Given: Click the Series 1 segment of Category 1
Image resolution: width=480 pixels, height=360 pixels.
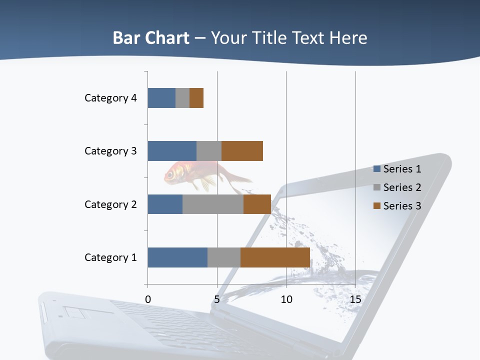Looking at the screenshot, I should pyautogui.click(x=177, y=257).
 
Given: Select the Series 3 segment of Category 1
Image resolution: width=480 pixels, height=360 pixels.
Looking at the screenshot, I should pyautogui.click(x=275, y=257).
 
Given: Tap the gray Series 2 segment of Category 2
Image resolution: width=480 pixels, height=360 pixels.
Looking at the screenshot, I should pyautogui.click(x=213, y=204).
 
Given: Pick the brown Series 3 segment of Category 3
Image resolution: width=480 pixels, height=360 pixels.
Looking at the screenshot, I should pyautogui.click(x=242, y=151).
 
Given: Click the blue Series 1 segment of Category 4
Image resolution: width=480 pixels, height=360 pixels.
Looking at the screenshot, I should pyautogui.click(x=161, y=98).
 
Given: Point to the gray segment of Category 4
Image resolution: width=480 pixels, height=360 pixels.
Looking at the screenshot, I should pyautogui.click(x=182, y=98).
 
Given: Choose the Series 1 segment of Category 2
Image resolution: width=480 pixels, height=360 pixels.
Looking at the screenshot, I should pyautogui.click(x=165, y=204).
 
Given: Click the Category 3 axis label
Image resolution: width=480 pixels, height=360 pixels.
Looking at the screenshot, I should pyautogui.click(x=110, y=151).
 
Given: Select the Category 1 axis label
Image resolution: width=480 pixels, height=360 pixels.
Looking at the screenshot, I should pyautogui.click(x=110, y=257).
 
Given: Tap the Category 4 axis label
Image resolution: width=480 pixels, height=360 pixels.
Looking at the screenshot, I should pyautogui.click(x=110, y=98).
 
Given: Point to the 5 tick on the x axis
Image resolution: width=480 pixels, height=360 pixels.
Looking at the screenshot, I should pyautogui.click(x=217, y=300).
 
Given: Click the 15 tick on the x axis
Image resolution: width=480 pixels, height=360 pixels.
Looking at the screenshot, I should pyautogui.click(x=355, y=300).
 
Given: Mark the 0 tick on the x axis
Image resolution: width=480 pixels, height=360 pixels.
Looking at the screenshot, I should pyautogui.click(x=148, y=300).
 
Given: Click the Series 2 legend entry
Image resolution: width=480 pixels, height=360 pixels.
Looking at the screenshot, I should pyautogui.click(x=402, y=187).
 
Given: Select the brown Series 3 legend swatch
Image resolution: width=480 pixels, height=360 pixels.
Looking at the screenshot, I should pyautogui.click(x=377, y=206).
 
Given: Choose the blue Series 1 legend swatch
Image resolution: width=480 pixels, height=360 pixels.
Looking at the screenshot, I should pyautogui.click(x=377, y=169).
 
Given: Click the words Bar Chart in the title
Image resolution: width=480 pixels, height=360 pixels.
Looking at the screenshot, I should pyautogui.click(x=151, y=38).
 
